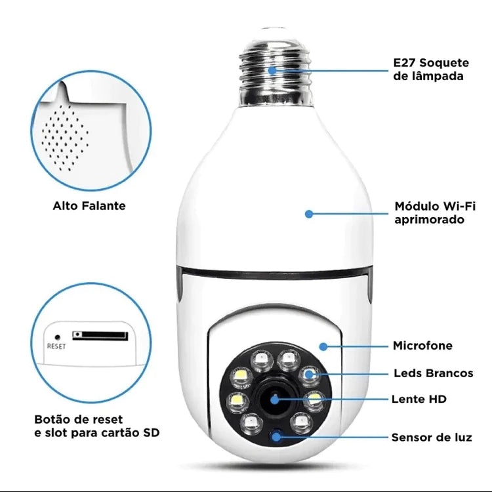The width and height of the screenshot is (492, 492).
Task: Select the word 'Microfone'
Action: pyautogui.click(x=422, y=346)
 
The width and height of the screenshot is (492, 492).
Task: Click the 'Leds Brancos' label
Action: pyautogui.click(x=433, y=373)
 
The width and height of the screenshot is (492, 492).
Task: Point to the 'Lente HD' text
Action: pyautogui.click(x=419, y=398)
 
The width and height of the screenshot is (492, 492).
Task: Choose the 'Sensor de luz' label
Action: pyautogui.click(x=431, y=437)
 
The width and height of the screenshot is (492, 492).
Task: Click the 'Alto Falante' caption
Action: pyautogui.click(x=89, y=206)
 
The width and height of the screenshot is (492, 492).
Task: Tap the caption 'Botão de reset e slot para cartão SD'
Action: pyautogui.click(x=96, y=426)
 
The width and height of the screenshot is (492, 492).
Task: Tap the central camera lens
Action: pyautogui.click(x=272, y=398)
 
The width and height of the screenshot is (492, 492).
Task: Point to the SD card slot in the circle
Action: pyautogui.click(x=100, y=335)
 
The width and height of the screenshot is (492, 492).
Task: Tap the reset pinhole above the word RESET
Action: pyautogui.click(x=57, y=337)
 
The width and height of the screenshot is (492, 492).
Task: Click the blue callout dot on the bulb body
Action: pyautogui.click(x=309, y=213)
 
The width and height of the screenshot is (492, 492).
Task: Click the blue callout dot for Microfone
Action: pyautogui.click(x=323, y=346)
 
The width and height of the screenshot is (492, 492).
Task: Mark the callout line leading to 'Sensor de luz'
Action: pyautogui.click(x=335, y=436)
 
